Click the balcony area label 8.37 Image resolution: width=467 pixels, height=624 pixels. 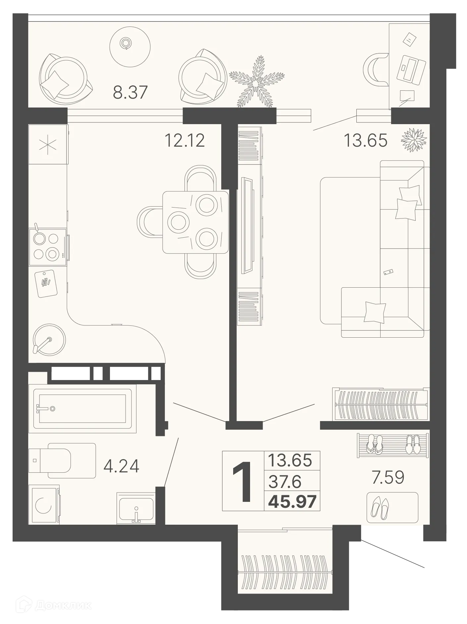(x=130, y=92)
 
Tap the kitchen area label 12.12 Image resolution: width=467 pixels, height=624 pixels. (x=184, y=140)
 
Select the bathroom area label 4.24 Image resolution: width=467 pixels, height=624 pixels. (x=121, y=466)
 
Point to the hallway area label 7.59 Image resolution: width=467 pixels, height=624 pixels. (x=388, y=477)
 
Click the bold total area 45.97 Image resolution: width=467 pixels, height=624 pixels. (x=292, y=502)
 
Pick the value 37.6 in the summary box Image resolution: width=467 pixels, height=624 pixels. (x=285, y=482)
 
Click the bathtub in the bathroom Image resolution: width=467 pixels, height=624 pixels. (x=82, y=409)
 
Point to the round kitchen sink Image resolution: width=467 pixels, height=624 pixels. (x=49, y=340)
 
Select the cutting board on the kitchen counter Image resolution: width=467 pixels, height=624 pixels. (x=46, y=283)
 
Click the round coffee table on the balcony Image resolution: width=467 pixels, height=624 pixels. (x=130, y=46)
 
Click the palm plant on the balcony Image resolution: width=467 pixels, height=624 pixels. (x=257, y=83)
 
